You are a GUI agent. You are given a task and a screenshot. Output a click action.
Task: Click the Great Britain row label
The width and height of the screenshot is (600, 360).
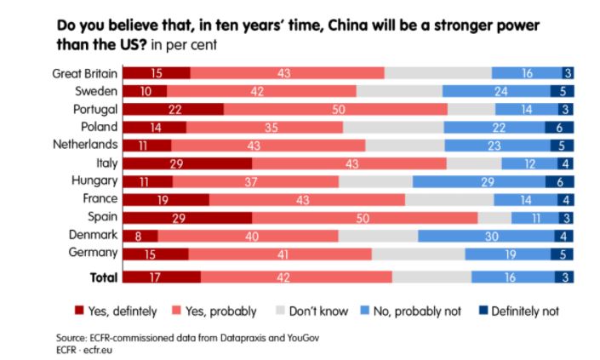[83, 73]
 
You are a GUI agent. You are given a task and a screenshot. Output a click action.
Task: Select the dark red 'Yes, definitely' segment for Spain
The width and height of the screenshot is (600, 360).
[187, 217]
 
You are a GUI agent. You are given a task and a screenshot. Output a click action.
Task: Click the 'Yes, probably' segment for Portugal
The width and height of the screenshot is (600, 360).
[335, 109]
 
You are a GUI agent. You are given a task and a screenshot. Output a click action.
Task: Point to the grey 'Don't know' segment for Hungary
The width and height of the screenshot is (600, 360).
[375, 181]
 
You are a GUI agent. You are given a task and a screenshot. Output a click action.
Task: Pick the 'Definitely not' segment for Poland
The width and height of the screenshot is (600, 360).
[559, 127]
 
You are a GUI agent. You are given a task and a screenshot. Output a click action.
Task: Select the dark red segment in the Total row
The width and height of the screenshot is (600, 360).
[162, 277]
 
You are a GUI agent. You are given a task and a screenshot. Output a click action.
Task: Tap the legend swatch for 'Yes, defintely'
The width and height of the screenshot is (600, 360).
[79, 311]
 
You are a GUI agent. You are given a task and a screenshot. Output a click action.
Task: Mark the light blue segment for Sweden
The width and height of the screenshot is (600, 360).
[501, 91]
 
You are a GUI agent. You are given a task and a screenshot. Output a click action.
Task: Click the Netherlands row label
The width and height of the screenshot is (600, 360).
[85, 145]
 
